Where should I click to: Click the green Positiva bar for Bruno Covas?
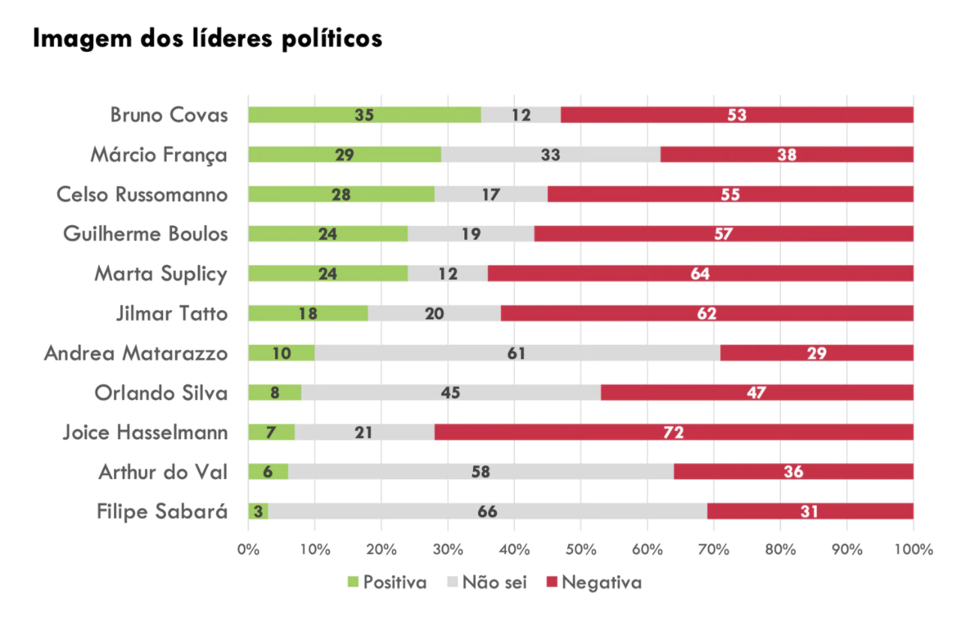tap(364, 115)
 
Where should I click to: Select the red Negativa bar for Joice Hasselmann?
tap(673, 432)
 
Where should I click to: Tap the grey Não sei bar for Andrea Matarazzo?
tap(517, 353)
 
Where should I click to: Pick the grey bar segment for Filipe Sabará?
tap(487, 511)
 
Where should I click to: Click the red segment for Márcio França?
tap(787, 155)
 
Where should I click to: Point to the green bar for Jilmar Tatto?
tap(308, 313)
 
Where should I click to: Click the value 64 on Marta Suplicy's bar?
tap(700, 273)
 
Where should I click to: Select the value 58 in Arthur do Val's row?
tap(481, 471)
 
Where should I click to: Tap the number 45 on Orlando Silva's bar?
tap(450, 393)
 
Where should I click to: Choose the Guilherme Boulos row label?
tap(145, 233)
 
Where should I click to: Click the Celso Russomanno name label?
tap(142, 194)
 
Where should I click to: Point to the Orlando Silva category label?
tap(161, 393)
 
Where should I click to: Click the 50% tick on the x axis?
tap(580, 549)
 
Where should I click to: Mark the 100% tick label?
tap(913, 549)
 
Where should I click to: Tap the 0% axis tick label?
tap(249, 549)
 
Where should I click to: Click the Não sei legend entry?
tap(486, 582)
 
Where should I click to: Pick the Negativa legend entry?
tap(592, 582)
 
